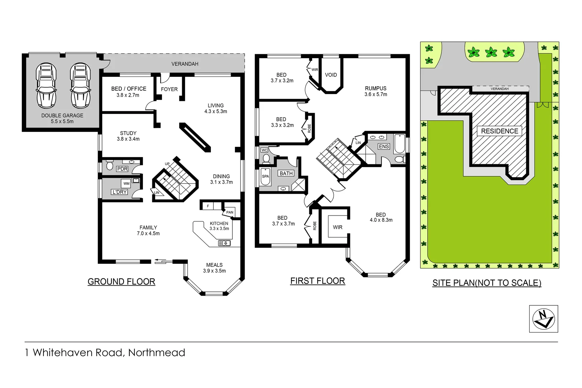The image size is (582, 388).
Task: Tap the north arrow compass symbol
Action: [543, 319]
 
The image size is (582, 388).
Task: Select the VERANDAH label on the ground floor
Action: [185, 64]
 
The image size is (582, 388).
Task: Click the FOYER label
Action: [169, 89]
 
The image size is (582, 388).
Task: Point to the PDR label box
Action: [122, 169]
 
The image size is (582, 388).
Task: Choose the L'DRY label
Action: [119, 192]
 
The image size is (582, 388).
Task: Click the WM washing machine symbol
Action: [126, 184]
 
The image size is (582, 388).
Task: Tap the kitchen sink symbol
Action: [224, 243]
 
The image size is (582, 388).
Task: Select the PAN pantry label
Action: [230, 212]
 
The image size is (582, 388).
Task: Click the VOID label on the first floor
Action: [331, 75]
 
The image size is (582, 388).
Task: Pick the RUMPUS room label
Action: [376, 88]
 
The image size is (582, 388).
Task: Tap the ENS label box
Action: [384, 147]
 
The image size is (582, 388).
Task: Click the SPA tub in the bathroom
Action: [265, 176]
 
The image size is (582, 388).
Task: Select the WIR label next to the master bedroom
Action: [338, 227]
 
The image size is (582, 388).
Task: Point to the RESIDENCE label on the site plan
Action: [499, 131]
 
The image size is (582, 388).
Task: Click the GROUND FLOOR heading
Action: [121, 282]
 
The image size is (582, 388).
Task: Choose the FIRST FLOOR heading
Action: [318, 281]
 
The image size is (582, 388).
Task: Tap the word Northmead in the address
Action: [157, 352]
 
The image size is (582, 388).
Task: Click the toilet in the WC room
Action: [266, 158]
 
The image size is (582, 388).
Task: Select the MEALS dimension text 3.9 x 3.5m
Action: [214, 271]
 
